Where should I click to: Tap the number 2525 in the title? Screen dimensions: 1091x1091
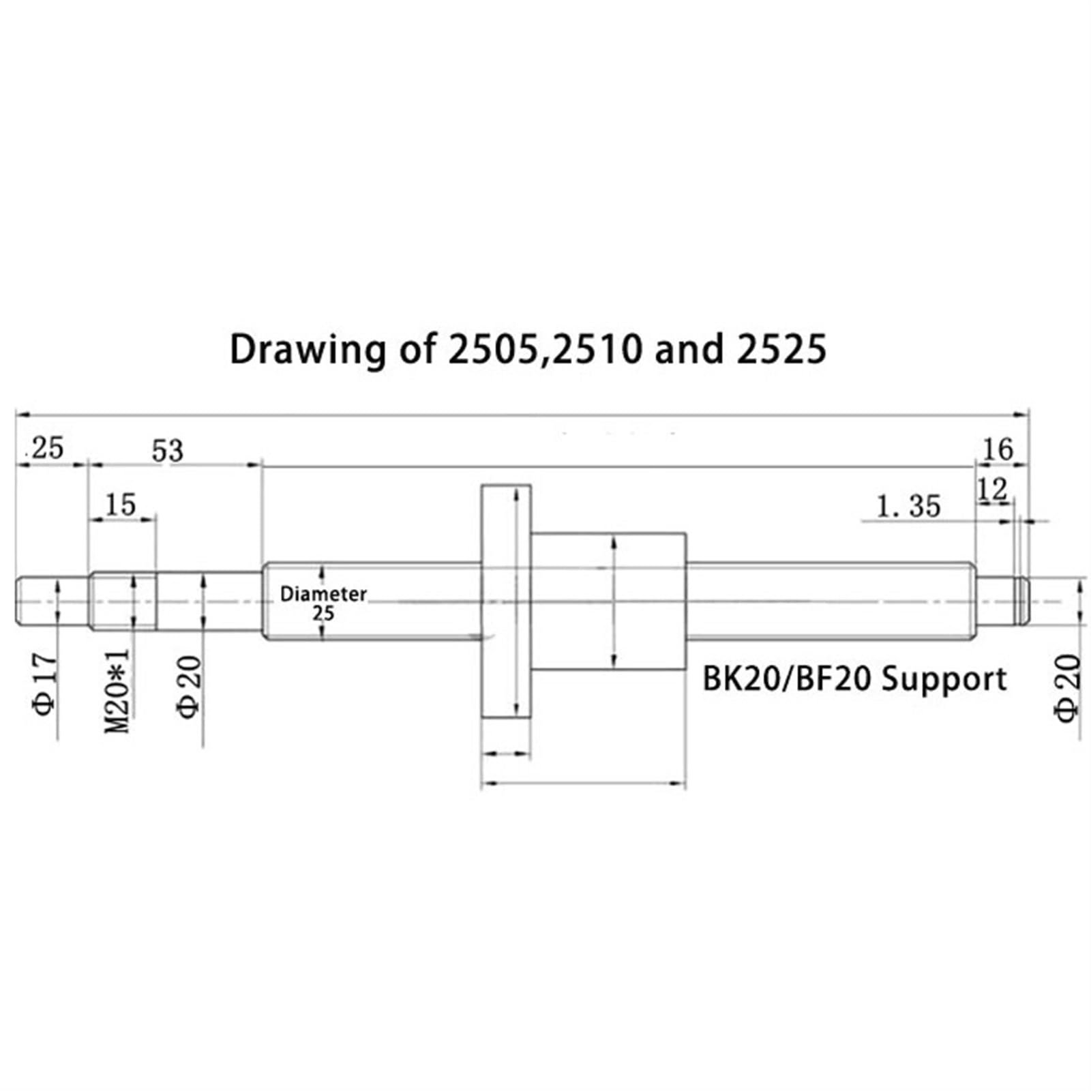click(781, 349)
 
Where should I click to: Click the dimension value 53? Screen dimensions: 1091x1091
click(168, 451)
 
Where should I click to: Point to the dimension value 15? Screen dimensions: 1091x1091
click(121, 505)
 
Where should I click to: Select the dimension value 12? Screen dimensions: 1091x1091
click(992, 490)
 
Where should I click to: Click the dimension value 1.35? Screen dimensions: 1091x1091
click(908, 507)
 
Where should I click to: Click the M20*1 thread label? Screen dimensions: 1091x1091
click(117, 690)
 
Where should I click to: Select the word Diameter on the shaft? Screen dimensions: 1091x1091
click(323, 594)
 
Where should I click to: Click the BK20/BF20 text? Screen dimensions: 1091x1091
click(787, 680)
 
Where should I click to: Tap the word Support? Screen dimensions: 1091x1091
click(944, 680)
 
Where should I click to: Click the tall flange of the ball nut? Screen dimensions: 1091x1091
click(505, 600)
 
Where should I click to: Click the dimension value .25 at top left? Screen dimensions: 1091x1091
click(46, 449)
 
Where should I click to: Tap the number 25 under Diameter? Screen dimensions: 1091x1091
click(323, 614)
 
